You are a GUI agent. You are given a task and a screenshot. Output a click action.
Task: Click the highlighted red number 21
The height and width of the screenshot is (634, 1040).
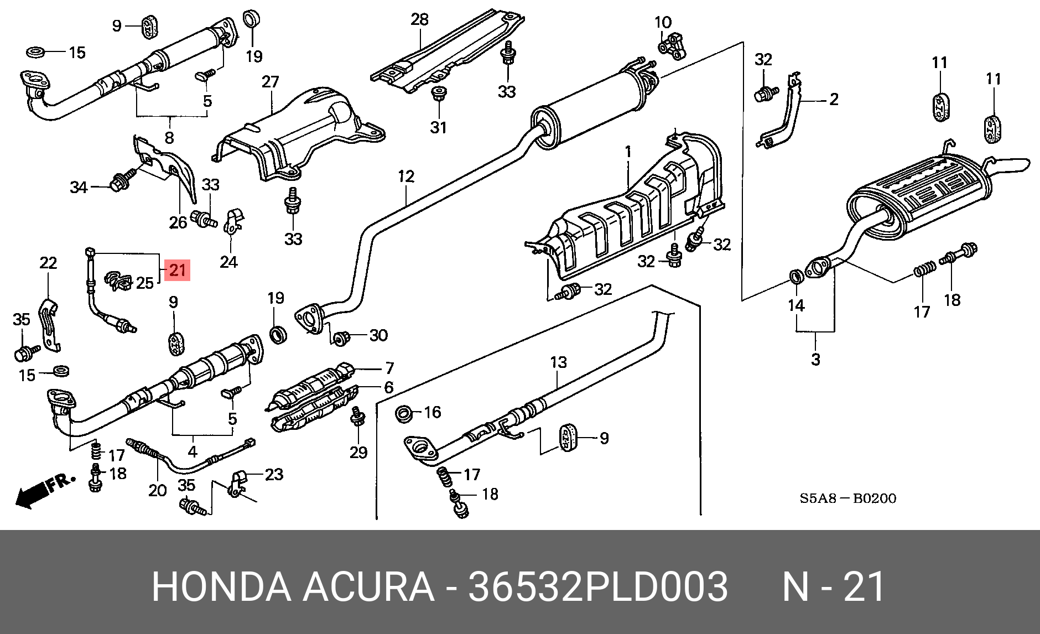pyautogui.click(x=177, y=270)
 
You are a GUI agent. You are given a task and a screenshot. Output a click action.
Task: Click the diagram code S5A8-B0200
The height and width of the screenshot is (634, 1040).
pyautogui.click(x=848, y=498)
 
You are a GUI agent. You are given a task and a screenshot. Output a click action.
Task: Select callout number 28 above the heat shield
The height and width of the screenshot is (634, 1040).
pyautogui.click(x=419, y=19)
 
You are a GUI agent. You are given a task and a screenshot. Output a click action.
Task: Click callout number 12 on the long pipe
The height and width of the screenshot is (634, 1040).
pyautogui.click(x=405, y=176)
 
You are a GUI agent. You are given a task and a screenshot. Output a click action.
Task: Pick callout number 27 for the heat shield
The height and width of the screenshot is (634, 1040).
pyautogui.click(x=270, y=82)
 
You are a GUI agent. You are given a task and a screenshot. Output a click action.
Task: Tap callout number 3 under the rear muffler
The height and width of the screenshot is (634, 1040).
pyautogui.click(x=815, y=359)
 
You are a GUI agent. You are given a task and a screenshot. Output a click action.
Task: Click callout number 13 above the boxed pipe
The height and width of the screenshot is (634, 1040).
pyautogui.click(x=558, y=362)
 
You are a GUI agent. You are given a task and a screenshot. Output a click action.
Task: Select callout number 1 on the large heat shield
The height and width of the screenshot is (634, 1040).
pyautogui.click(x=628, y=151)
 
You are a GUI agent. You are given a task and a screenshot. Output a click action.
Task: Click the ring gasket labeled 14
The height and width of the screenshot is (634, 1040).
pyautogui.click(x=795, y=275)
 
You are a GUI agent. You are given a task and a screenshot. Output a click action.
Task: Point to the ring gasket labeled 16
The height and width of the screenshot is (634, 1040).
pyautogui.click(x=405, y=413)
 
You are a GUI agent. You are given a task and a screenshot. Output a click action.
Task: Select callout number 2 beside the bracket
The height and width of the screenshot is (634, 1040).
pyautogui.click(x=833, y=100)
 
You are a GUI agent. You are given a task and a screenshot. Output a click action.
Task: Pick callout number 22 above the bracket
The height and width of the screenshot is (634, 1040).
pyautogui.click(x=48, y=263)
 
